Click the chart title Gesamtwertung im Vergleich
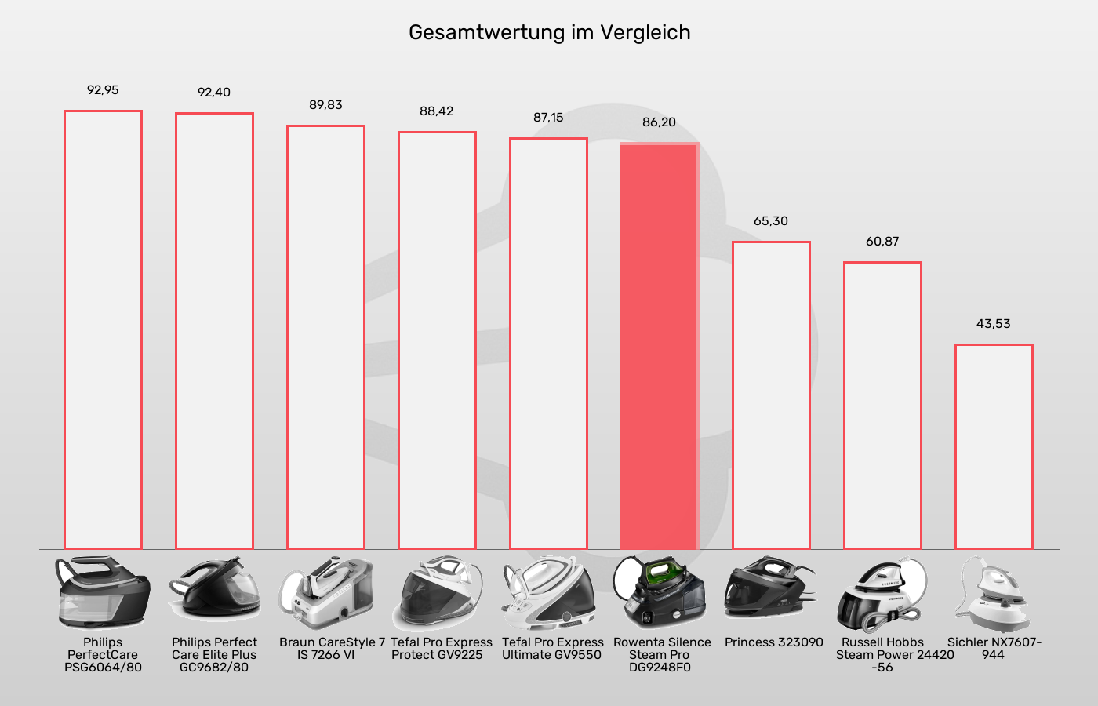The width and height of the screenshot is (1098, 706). point(549,33)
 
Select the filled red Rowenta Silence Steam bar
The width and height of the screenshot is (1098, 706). point(659,345)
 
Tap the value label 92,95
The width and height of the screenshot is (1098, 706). point(103,90)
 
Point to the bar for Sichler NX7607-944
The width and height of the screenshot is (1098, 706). point(994,447)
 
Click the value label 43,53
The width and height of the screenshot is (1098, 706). point(993,323)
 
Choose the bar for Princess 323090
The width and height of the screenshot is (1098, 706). point(771,396)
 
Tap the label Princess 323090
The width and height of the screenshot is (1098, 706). point(773,642)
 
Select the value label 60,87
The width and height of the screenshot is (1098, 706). point(882,241)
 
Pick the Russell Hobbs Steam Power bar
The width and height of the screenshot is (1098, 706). point(882,406)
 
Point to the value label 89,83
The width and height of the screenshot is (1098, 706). point(325,104)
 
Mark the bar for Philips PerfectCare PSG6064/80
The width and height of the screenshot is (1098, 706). point(103,329)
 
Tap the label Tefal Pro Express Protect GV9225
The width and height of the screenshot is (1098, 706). point(441,649)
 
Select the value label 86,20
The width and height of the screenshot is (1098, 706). point(659,122)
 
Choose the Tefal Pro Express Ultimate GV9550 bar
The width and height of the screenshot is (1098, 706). point(548,344)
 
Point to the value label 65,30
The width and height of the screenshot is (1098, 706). point(771,220)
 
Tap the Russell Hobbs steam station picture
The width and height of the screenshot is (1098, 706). point(882,594)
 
